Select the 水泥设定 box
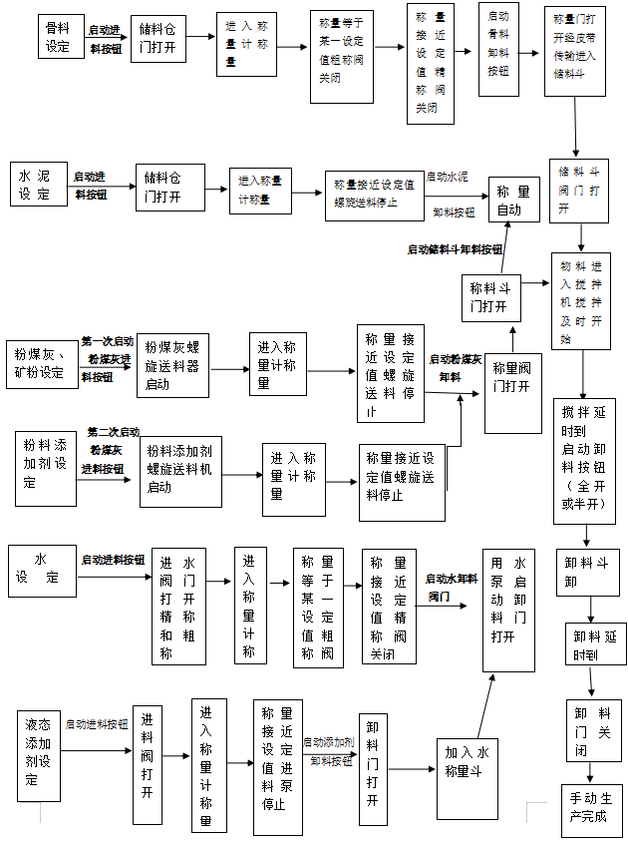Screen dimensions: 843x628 click(x=39, y=185)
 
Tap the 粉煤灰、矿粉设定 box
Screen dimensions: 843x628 click(x=41, y=363)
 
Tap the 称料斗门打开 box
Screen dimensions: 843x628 click(x=487, y=297)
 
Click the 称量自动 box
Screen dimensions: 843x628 click(x=513, y=200)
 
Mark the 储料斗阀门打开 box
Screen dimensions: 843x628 click(x=579, y=191)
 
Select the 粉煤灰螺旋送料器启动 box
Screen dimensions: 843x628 click(x=171, y=365)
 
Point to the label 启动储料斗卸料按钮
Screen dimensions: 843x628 click(x=455, y=249)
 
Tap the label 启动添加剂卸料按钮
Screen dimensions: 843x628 click(x=328, y=751)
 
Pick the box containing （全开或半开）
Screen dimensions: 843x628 click(x=585, y=462)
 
